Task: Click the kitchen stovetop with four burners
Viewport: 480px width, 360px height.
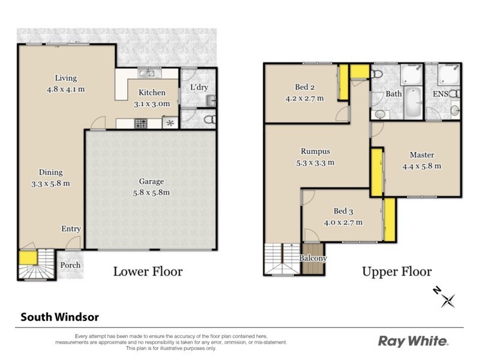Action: (141, 124)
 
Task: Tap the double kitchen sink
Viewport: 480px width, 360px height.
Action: (147, 74)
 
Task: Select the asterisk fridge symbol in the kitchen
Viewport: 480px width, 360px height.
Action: (170, 124)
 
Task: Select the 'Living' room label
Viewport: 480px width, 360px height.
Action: (66, 78)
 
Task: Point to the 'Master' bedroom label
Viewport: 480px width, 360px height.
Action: (422, 155)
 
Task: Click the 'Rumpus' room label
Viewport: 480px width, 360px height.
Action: (316, 151)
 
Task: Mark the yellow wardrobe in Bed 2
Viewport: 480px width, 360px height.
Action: (344, 84)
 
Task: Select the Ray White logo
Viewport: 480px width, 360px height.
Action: (413, 341)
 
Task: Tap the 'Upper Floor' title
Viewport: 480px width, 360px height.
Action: (397, 271)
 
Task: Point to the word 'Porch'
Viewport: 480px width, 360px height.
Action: (70, 265)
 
